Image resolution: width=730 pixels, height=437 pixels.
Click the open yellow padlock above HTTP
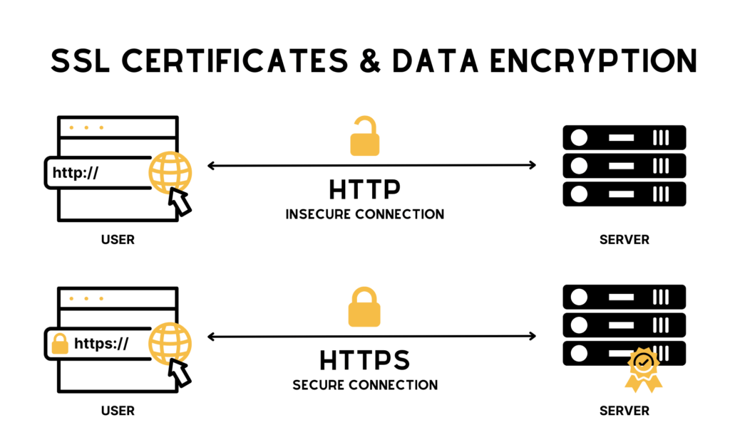click(x=364, y=137)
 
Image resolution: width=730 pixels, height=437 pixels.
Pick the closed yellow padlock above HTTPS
click(x=364, y=307)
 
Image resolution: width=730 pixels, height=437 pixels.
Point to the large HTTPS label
click(x=364, y=360)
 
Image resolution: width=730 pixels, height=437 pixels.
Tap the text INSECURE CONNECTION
click(x=364, y=214)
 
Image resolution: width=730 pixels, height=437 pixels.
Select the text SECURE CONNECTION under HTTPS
click(x=364, y=384)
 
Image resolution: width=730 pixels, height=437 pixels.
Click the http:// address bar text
click(x=76, y=172)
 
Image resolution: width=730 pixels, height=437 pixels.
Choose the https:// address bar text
click(x=101, y=344)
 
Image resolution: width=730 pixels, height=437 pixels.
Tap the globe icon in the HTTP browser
click(x=170, y=171)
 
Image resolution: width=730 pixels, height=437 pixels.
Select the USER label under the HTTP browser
click(x=118, y=240)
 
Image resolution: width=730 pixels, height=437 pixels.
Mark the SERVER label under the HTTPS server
click(x=624, y=411)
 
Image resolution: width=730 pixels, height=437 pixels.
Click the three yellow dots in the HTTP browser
click(x=86, y=128)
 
